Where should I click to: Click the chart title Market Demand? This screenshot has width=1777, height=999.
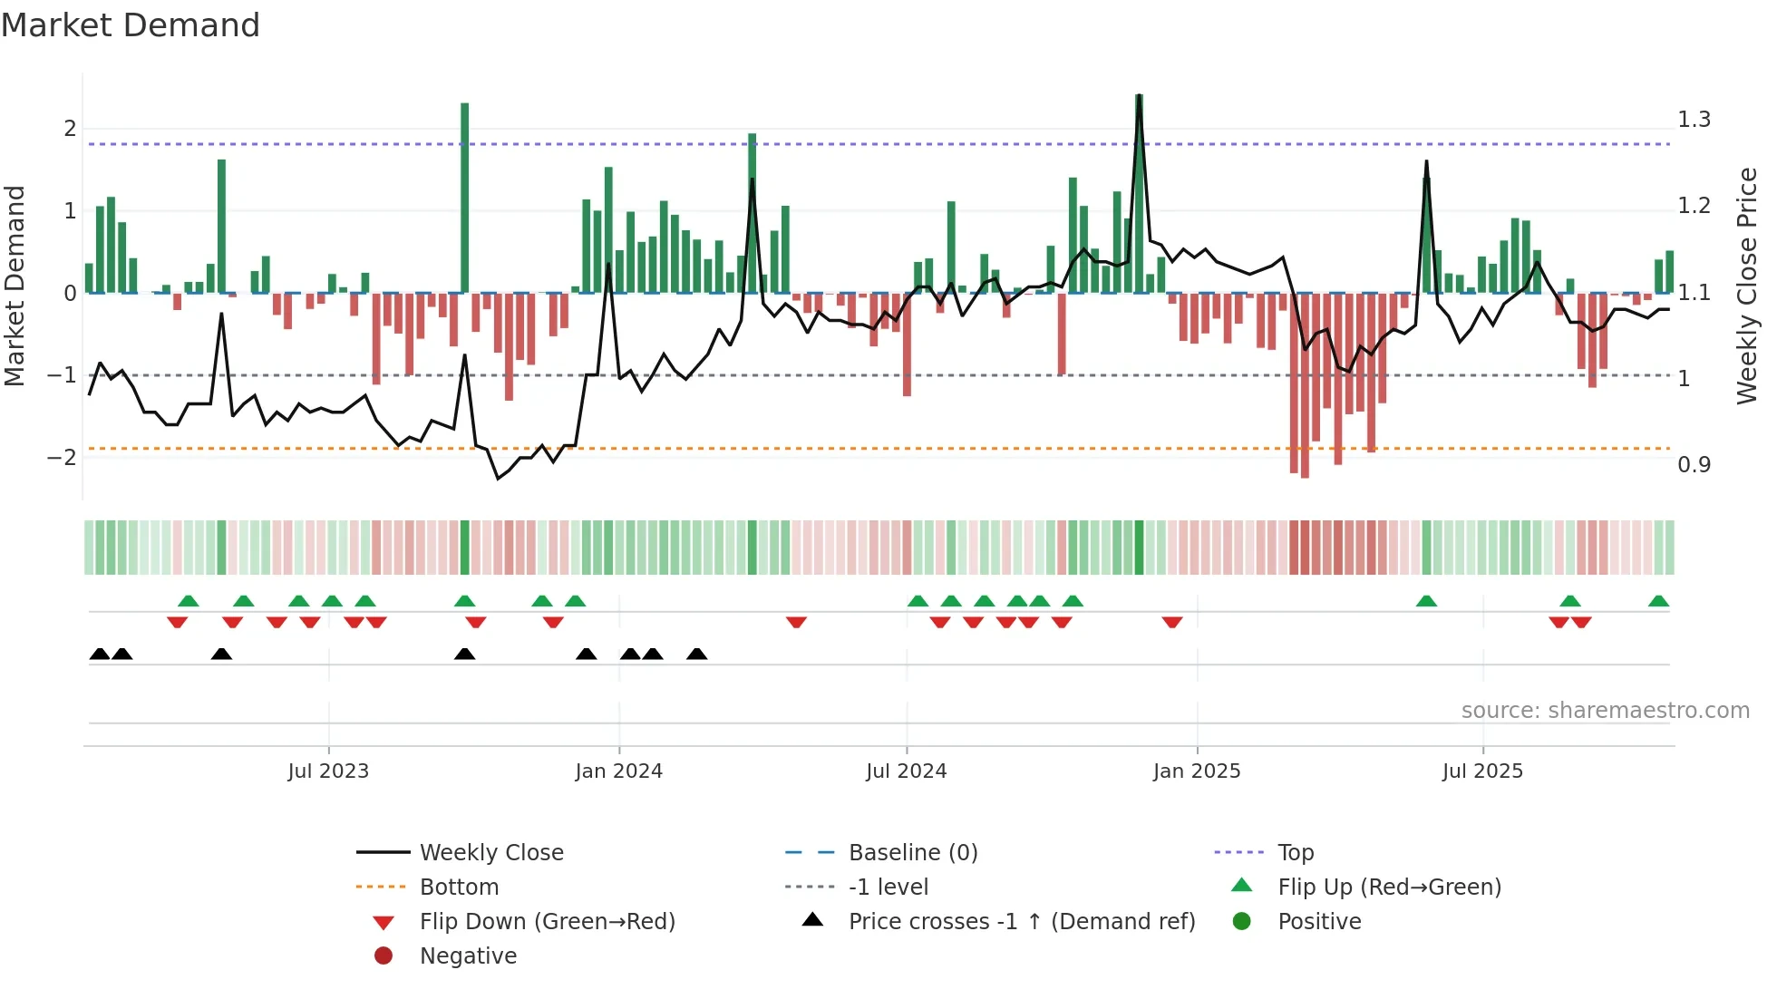(x=131, y=25)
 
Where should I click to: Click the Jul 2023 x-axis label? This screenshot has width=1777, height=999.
(x=328, y=771)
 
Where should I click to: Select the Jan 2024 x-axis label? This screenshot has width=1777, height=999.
(x=618, y=771)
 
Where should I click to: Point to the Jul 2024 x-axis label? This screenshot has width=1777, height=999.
(x=906, y=771)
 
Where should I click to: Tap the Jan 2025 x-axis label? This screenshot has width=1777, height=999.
(x=1196, y=771)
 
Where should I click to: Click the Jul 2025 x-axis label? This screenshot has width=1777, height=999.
(x=1482, y=771)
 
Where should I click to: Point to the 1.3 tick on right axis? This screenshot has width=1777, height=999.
(x=1694, y=120)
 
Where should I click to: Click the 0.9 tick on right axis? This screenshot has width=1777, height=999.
(x=1694, y=465)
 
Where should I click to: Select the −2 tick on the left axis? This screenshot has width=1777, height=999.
(x=62, y=457)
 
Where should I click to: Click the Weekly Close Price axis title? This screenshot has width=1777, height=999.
(x=1746, y=286)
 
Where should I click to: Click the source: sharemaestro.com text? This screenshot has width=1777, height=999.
(x=1605, y=711)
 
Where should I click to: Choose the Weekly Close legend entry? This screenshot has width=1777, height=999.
(x=490, y=853)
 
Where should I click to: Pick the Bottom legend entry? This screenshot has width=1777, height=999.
(x=459, y=887)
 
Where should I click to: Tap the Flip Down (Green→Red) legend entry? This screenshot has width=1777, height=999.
(x=547, y=922)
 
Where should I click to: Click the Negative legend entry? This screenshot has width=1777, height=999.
(x=468, y=956)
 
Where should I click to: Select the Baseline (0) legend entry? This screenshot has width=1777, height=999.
(x=912, y=853)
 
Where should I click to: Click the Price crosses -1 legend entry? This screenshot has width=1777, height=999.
(x=1021, y=922)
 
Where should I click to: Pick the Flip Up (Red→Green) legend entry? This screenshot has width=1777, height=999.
(x=1389, y=887)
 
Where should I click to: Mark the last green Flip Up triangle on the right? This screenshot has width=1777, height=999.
(x=1658, y=601)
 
